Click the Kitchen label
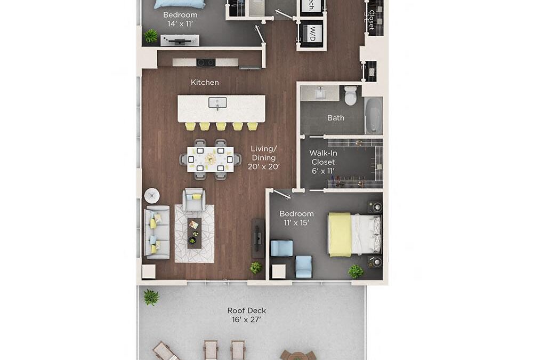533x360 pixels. [x=205, y=82]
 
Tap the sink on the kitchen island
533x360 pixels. [x=217, y=103]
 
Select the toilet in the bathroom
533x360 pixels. [x=350, y=96]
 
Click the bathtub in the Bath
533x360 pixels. [x=374, y=114]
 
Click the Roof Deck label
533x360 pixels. [x=246, y=315]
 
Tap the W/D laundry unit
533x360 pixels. [x=311, y=34]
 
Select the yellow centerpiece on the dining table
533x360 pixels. [x=211, y=158]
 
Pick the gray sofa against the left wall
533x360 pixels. [x=156, y=232]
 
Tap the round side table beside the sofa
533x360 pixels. [x=151, y=195]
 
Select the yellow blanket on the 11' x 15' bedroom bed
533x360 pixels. [x=340, y=234]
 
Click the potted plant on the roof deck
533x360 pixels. [x=151, y=297]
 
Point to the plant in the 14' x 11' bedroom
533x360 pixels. [x=151, y=36]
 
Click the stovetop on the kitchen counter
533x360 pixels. [x=206, y=62]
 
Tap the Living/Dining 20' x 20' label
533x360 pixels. [x=264, y=158]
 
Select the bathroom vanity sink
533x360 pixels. [x=320, y=93]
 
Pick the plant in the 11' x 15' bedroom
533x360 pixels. [x=356, y=271]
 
